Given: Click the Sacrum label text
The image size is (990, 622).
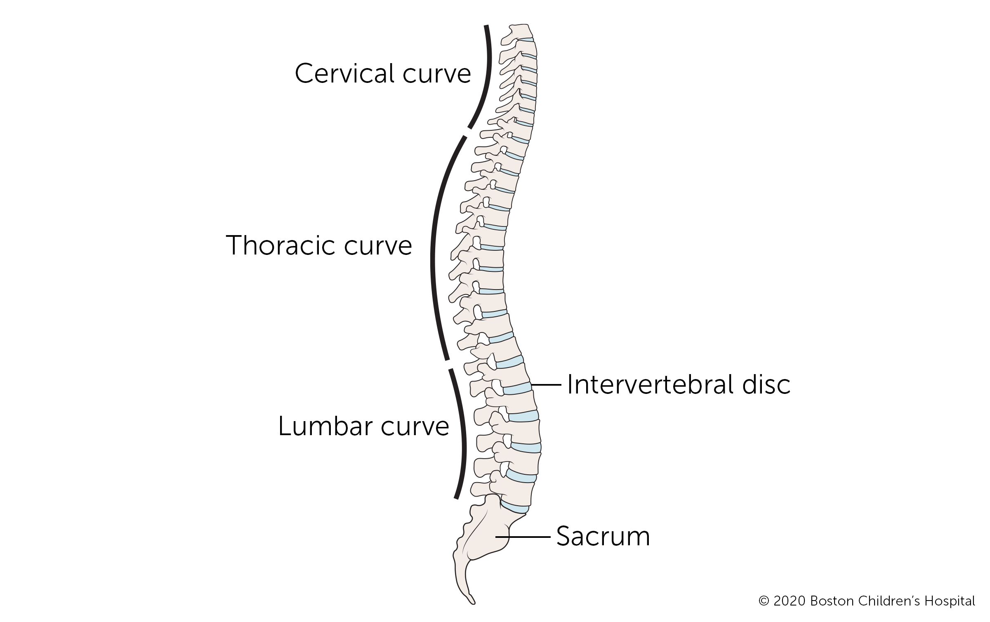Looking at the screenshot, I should (x=603, y=537).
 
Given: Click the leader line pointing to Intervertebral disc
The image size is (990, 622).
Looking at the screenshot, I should (x=547, y=384).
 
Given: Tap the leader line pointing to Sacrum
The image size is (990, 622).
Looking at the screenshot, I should (x=523, y=537).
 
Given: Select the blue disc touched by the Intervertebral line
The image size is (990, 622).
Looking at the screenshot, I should (x=517, y=389).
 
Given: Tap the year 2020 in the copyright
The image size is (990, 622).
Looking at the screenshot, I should (x=789, y=601).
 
